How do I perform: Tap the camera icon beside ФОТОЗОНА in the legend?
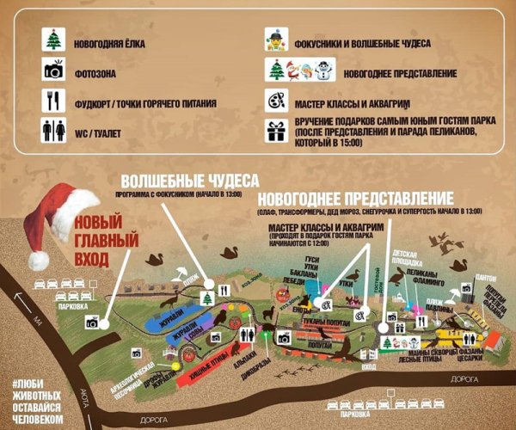pos(53,72)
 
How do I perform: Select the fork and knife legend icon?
pos(53,103)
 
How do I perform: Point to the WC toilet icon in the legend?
pos(53,131)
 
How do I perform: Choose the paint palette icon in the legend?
pos(273,102)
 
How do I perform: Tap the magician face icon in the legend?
pos(273,41)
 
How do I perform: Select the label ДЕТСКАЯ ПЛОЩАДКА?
pos(409,260)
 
